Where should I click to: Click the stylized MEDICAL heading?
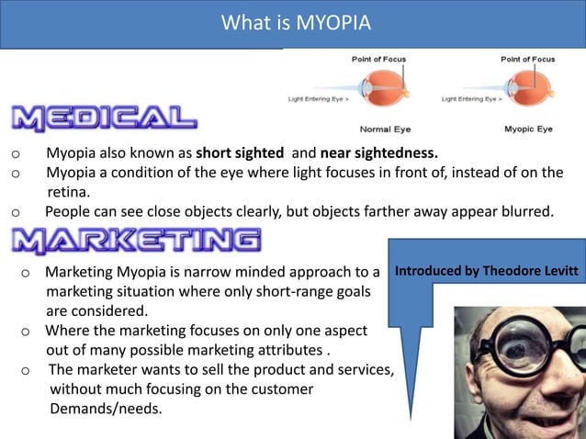point(104,118)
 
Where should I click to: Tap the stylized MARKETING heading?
point(136,241)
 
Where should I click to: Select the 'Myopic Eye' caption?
point(528,129)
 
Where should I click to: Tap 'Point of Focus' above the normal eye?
point(378,60)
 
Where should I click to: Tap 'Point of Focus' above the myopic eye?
point(528,60)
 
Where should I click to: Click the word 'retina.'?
point(68,192)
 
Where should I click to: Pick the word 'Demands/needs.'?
point(106,409)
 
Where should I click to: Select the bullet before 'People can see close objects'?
point(16,213)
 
